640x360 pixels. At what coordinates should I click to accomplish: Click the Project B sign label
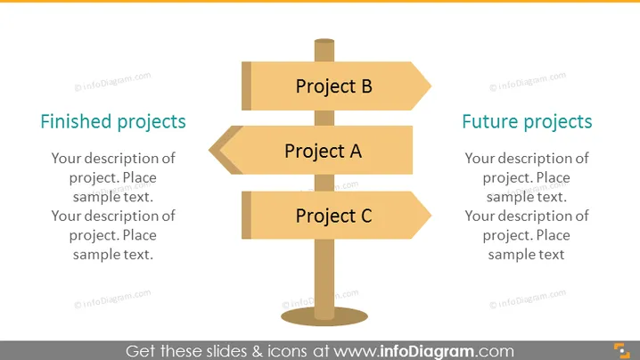tap(334, 86)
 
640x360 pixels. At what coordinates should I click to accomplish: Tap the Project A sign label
tap(323, 151)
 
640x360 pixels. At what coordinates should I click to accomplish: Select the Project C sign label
tap(334, 216)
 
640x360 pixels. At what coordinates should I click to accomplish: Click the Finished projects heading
tap(113, 122)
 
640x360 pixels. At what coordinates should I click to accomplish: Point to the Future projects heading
tap(527, 122)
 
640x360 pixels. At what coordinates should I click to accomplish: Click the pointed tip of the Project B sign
tap(431, 86)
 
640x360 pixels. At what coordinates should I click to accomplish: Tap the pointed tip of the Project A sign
tap(209, 151)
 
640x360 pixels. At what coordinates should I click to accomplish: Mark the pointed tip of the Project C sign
tap(431, 215)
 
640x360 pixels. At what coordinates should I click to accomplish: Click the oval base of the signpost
tap(324, 316)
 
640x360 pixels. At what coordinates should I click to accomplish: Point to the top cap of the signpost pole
tap(324, 41)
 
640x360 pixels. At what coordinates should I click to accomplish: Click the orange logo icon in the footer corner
tap(622, 351)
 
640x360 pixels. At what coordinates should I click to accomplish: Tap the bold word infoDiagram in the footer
tap(427, 351)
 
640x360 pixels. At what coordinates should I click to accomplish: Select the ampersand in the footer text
tap(258, 351)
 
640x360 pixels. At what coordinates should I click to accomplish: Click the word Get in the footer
tap(141, 351)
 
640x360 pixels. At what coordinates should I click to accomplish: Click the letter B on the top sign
tap(366, 86)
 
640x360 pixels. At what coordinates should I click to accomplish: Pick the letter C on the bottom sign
tap(366, 216)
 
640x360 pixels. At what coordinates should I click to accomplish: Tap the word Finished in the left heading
tap(76, 121)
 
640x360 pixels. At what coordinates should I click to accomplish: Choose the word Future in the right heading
tap(490, 121)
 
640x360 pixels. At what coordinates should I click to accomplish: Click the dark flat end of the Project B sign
tap(247, 86)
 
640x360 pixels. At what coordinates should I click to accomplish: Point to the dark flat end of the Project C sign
tap(247, 215)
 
